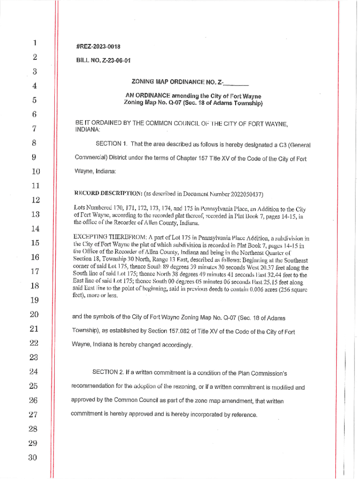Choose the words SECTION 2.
(108, 372)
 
